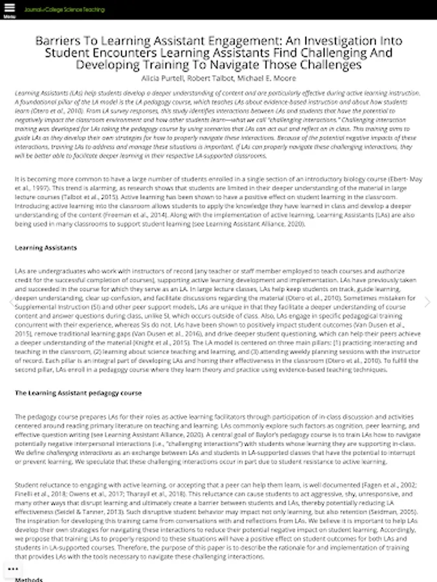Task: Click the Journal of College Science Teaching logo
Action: (64, 10)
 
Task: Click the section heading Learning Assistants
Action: (45, 248)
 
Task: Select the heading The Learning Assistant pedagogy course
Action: (78, 393)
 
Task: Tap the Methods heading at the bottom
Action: (29, 579)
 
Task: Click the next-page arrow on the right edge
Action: (427, 302)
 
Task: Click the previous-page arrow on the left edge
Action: (10, 302)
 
